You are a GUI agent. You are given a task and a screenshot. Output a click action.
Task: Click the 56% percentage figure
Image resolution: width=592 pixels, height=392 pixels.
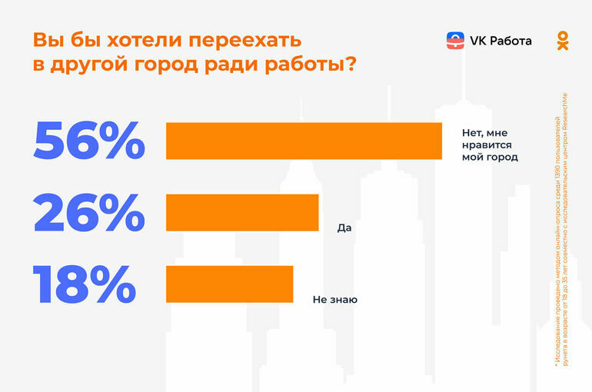tap(88, 141)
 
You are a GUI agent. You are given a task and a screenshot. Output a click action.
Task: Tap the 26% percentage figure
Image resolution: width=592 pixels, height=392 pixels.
tap(88, 212)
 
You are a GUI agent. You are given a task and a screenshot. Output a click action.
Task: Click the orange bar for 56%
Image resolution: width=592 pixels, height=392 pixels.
tap(304, 141)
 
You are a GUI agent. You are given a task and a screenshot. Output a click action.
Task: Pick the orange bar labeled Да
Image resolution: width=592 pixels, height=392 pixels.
tap(242, 212)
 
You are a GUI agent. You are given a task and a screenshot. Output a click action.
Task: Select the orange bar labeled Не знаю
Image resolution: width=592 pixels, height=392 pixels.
tap(229, 284)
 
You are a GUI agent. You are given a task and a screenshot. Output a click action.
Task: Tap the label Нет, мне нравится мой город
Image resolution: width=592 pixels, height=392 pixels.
tap(490, 144)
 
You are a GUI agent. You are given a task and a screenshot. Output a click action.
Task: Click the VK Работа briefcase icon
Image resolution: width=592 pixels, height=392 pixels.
tap(455, 41)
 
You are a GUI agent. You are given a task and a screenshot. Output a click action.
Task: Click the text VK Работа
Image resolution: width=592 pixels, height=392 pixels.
tap(501, 41)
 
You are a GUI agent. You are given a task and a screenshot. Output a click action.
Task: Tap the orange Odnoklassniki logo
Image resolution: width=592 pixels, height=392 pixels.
tap(563, 41)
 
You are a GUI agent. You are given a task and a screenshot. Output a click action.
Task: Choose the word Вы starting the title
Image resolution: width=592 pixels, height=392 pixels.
tap(44, 39)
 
